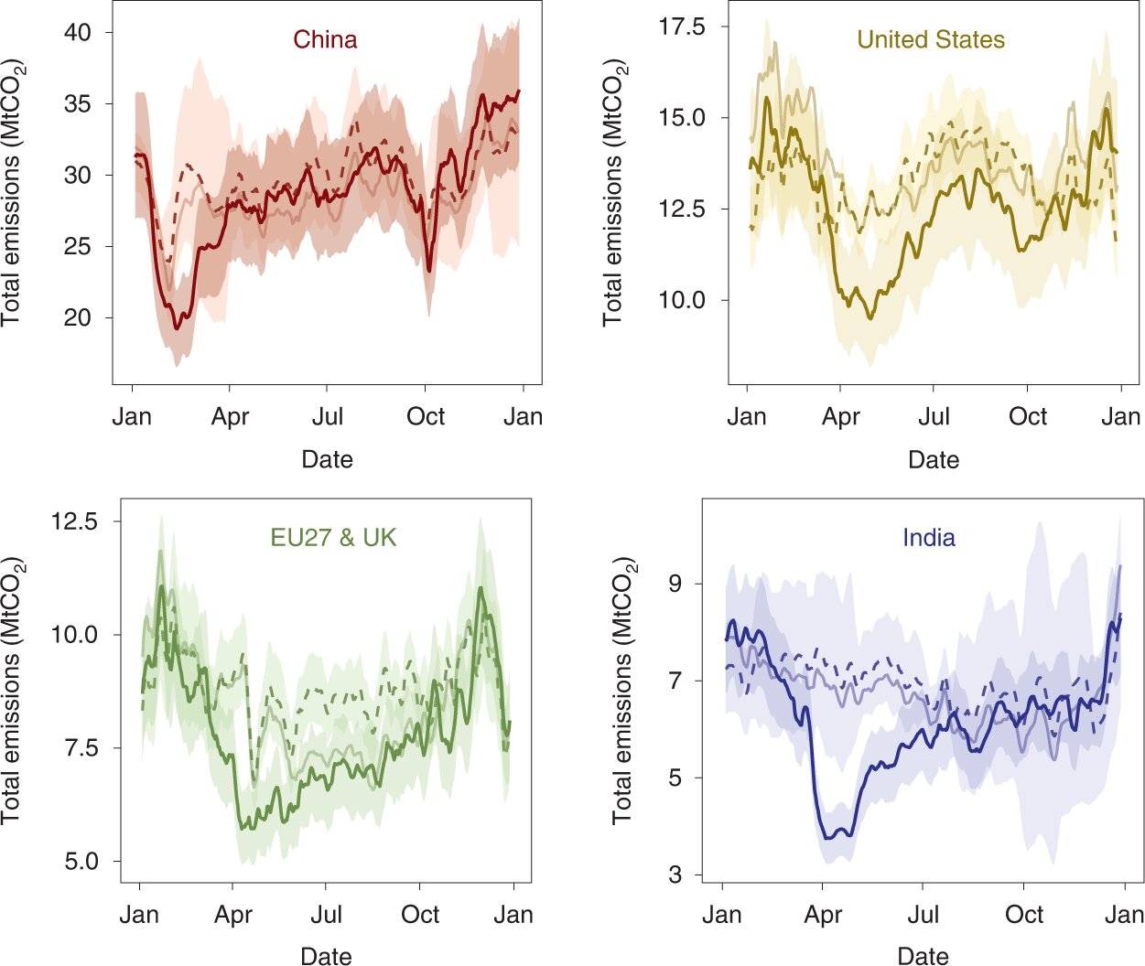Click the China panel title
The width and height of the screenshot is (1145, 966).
click(x=325, y=40)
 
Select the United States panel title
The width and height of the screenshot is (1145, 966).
click(x=930, y=40)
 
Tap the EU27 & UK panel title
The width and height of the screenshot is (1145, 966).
click(x=333, y=537)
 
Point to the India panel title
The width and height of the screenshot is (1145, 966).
click(x=928, y=537)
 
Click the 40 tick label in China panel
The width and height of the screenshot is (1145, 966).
click(x=77, y=33)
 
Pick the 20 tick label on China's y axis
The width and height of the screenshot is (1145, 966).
click(x=77, y=317)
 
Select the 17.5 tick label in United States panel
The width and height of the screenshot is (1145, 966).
click(x=682, y=27)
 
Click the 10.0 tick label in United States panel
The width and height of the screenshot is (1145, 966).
click(x=682, y=300)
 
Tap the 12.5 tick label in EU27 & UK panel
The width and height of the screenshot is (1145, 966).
click(x=74, y=521)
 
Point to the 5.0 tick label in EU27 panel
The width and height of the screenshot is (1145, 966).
click(x=80, y=861)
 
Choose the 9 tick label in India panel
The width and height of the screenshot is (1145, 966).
click(x=675, y=584)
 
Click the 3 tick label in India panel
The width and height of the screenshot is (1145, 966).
click(x=675, y=875)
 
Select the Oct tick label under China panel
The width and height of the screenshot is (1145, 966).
click(x=426, y=417)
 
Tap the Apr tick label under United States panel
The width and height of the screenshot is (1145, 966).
click(x=840, y=417)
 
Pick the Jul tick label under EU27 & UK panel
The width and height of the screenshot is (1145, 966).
click(x=326, y=915)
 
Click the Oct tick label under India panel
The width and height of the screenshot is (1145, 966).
click(x=1023, y=915)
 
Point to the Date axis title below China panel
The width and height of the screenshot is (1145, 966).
click(x=327, y=459)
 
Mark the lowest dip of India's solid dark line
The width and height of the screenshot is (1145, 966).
click(x=828, y=837)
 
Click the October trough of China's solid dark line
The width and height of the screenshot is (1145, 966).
click(x=429, y=270)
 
